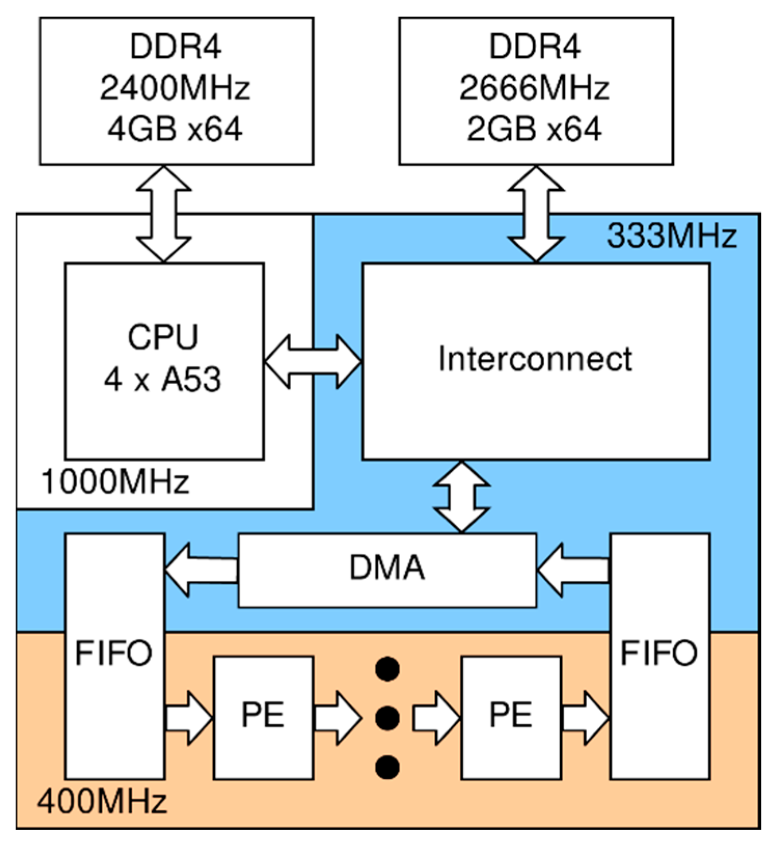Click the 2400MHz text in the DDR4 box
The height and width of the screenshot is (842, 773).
coord(175,88)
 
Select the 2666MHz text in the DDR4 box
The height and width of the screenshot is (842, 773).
coord(534,88)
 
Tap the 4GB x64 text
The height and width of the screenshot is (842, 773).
coord(175,129)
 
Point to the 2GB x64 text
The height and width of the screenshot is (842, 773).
coord(534,129)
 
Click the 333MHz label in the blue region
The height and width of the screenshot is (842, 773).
coord(671,236)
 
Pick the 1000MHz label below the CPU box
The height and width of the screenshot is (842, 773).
coord(115,482)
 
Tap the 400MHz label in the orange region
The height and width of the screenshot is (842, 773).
coord(102,801)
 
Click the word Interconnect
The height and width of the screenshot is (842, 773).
coord(535,359)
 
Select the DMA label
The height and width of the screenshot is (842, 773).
coord(387,568)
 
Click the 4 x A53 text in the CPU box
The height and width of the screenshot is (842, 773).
coord(162,380)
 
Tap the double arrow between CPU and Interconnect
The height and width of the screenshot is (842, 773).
coord(313,361)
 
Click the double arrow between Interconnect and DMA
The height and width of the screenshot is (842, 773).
coord(461,497)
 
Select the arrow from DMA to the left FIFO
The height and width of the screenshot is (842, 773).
coord(201,570)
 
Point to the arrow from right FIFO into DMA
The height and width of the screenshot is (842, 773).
coord(573,570)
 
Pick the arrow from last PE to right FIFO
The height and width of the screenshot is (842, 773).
coord(585,718)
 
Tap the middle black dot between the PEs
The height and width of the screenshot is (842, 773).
coord(387,718)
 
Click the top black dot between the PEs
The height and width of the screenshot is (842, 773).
coord(387,669)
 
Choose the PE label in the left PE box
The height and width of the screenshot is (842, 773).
coord(263,715)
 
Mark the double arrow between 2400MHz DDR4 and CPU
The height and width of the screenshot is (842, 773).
coord(163,214)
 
